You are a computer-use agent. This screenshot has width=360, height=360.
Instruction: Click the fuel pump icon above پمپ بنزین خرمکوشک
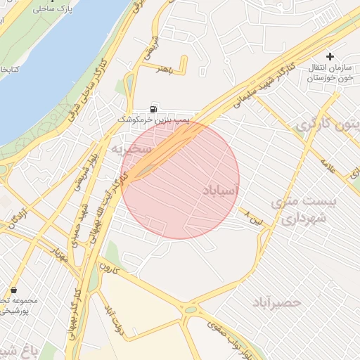pos(153,109)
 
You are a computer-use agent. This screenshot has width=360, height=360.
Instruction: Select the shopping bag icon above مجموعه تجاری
pos(13,290)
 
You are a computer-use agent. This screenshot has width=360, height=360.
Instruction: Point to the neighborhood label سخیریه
pos(130,149)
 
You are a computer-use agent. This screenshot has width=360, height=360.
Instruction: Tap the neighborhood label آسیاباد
pos(220,191)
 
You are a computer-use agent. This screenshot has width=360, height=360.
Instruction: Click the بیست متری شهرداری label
pos(304,210)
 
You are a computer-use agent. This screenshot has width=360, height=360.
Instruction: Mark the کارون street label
pos(110,267)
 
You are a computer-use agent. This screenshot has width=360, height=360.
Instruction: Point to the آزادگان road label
pos(14,219)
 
